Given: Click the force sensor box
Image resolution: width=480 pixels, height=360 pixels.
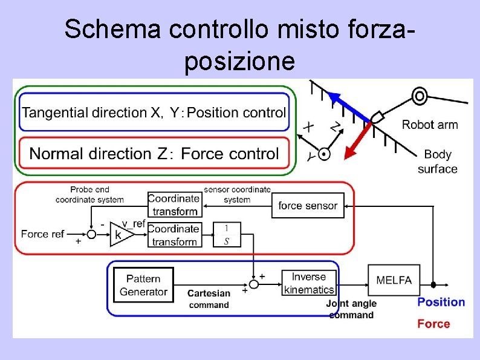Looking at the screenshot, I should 308,206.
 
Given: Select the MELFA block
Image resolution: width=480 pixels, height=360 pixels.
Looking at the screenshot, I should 394,280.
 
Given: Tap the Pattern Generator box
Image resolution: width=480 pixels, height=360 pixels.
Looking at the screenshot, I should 143,285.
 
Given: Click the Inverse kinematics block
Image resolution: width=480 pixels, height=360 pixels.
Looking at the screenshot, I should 308,283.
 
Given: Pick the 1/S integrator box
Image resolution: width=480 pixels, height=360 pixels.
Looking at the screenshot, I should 227,235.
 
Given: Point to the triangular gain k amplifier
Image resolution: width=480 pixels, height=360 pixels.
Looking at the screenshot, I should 120,234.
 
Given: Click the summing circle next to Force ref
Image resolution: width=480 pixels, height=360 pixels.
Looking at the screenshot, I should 91,234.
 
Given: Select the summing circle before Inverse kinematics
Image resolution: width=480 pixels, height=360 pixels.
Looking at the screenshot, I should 254,283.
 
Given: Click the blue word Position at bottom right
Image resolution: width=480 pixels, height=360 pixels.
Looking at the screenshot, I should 441,302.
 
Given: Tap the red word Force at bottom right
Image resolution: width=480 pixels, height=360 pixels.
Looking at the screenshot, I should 433,324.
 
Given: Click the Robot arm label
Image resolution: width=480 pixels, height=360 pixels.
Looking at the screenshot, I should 430,125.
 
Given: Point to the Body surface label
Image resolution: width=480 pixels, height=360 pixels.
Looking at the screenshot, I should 437,162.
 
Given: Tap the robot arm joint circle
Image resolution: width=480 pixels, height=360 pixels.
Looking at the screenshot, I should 418,96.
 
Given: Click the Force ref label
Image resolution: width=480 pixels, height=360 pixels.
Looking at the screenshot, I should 42,234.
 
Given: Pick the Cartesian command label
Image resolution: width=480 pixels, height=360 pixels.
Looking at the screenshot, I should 209,299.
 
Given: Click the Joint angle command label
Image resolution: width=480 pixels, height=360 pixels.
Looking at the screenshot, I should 351,309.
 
